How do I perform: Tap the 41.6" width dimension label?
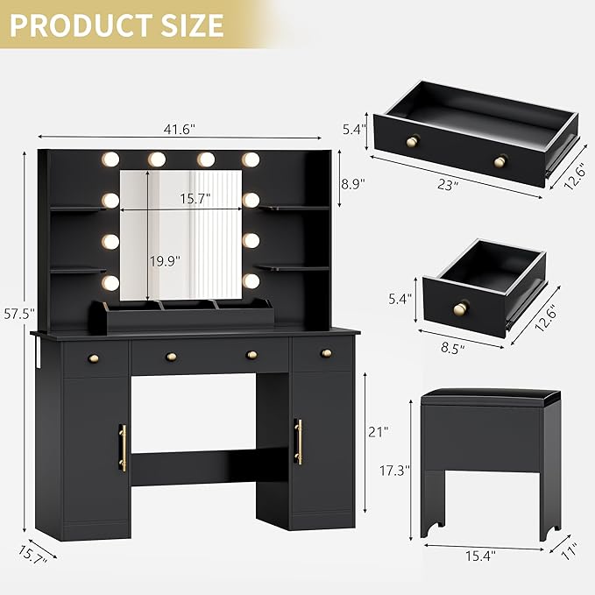(180, 128)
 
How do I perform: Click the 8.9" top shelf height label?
(351, 185)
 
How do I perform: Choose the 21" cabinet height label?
(378, 431)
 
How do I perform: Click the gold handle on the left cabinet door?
(123, 447)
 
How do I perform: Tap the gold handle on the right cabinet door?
(299, 441)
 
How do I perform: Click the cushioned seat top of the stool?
(489, 396)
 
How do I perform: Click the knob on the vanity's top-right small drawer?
(326, 353)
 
